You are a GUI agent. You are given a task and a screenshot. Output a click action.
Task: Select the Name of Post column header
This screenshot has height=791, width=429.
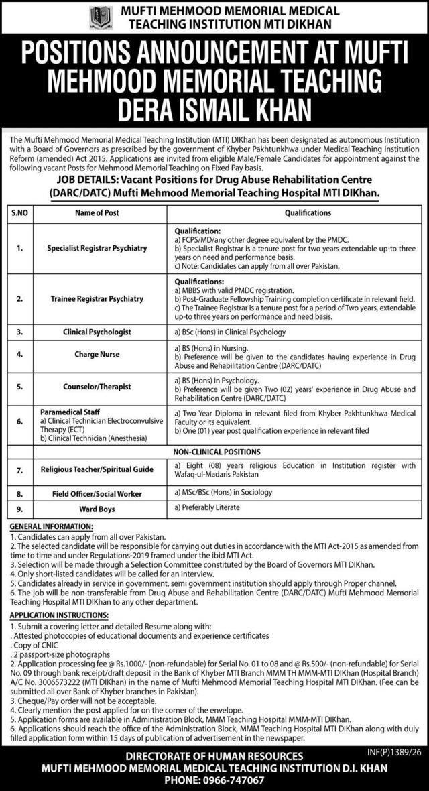point(97,212)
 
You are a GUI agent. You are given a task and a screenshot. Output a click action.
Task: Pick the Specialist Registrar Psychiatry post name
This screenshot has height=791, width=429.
point(97,248)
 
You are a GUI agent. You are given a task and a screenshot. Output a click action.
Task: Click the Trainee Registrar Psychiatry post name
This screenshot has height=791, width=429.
point(97,298)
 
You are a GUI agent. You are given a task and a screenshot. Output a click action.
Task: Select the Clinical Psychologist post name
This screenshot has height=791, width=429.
point(97,332)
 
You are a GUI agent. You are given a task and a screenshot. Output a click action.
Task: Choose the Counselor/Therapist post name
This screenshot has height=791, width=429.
point(97,387)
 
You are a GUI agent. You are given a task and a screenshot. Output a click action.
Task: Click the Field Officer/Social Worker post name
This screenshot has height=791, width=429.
point(97,493)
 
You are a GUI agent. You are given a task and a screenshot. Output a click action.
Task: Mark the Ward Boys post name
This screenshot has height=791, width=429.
point(97,509)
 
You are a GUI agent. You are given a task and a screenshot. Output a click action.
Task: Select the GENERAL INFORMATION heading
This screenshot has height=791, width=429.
point(52,527)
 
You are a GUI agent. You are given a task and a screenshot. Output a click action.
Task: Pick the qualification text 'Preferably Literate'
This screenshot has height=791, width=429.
point(206,507)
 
